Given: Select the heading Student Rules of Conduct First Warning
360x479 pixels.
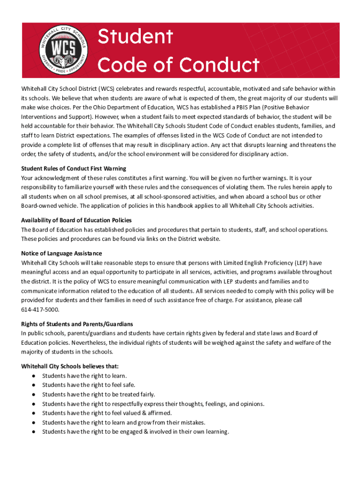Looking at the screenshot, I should click(74, 168).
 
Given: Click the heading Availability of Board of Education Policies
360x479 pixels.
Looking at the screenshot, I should click(76, 220).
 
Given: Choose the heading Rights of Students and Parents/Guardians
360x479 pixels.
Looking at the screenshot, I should click(77, 324).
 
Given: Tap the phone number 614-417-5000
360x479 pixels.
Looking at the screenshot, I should click(40, 310).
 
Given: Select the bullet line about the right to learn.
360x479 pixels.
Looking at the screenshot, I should click(84, 376).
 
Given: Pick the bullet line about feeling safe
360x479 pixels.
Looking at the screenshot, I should click(88, 385).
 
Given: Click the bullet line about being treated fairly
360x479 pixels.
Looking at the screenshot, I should click(98, 394).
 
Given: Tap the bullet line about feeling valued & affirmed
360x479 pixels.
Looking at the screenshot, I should click(107, 413).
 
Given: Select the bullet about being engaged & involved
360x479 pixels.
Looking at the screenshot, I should click(136, 432).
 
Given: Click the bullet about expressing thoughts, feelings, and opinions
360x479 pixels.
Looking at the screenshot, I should click(153, 404).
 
